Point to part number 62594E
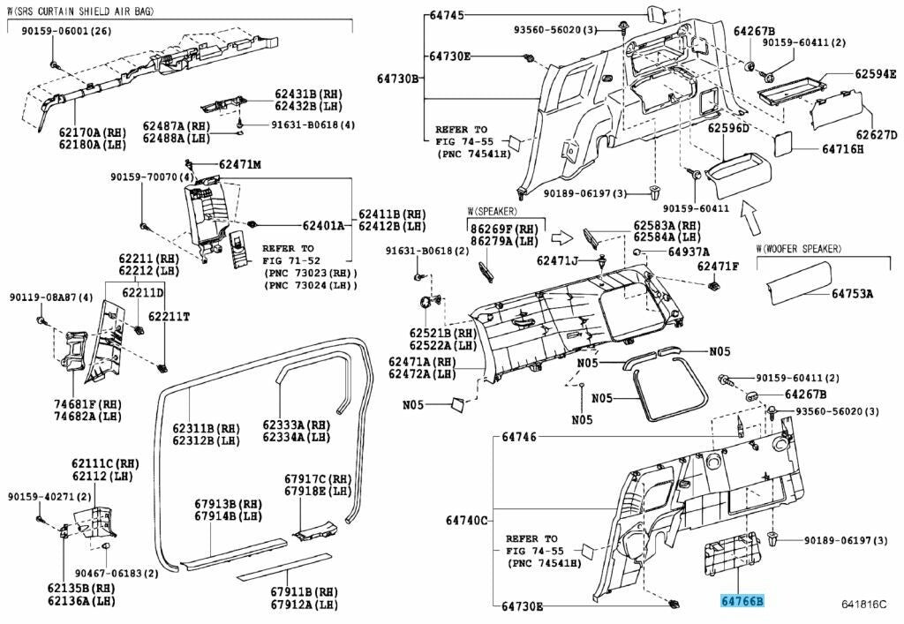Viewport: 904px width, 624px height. click(x=875, y=74)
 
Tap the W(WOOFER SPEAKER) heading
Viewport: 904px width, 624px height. click(x=799, y=250)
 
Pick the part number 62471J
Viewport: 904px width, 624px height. click(x=557, y=261)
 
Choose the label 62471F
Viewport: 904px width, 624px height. click(x=718, y=266)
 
